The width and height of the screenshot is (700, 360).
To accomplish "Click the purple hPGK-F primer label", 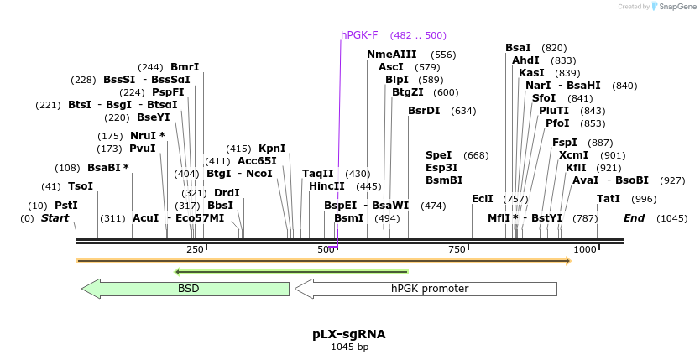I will [x=359, y=35].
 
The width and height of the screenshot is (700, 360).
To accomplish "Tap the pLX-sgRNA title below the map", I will [x=349, y=334].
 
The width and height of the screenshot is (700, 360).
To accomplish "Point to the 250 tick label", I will [x=195, y=249].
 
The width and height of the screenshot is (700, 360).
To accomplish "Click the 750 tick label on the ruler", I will [x=457, y=249].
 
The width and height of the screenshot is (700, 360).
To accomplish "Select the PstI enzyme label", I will [x=66, y=205].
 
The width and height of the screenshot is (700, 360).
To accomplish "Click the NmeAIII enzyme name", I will [x=391, y=55].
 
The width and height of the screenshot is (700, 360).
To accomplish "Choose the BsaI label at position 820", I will [x=518, y=48].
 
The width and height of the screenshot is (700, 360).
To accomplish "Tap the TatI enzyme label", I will [x=609, y=199].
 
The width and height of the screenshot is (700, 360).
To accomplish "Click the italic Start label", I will [x=55, y=218].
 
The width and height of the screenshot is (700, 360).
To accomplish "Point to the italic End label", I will [x=634, y=218].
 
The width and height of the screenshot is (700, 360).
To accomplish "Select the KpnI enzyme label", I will [x=272, y=149].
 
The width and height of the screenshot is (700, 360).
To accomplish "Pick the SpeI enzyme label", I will [x=438, y=155].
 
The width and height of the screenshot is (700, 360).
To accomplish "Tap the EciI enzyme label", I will [x=482, y=199].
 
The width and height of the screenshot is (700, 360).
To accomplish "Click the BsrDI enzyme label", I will [x=424, y=111].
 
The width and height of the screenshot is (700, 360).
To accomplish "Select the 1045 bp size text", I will [x=349, y=347].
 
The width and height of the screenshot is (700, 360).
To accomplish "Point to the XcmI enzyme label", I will [x=573, y=155].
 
